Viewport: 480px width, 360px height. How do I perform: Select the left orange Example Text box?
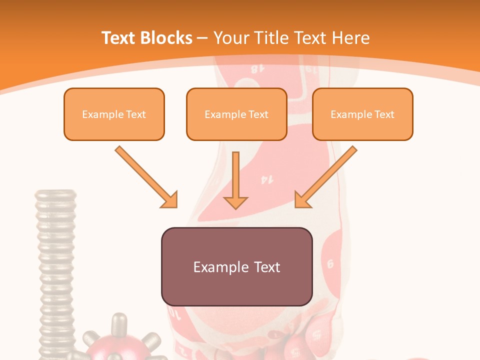pos(114,114)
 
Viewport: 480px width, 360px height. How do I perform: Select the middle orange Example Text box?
pos(236,114)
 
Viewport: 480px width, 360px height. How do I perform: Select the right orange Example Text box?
pos(362,114)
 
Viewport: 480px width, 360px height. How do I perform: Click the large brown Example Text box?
pos(236,266)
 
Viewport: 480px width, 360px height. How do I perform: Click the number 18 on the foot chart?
pos(256,69)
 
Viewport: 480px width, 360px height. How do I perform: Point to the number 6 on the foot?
pos(330,263)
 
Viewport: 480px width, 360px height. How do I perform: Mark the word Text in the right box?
pos(384,114)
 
